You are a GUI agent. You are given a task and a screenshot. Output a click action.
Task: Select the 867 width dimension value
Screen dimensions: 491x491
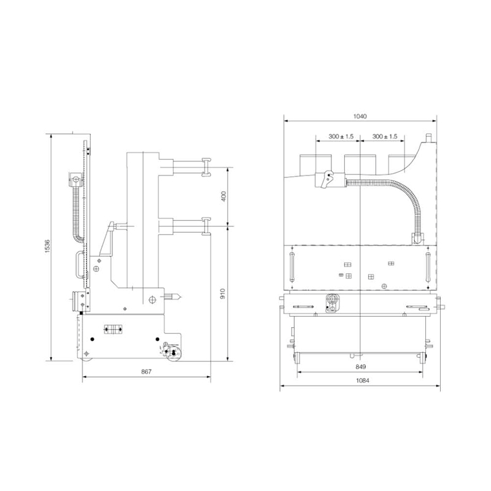tap(146, 372)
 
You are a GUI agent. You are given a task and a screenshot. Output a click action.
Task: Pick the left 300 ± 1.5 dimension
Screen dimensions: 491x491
tap(341, 136)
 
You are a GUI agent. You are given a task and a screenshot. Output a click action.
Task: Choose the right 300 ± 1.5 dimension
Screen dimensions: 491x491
tap(385, 136)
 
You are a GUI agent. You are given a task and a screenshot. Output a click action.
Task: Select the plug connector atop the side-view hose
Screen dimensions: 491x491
tap(75, 180)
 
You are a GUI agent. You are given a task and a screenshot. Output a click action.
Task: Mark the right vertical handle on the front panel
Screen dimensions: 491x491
tap(427, 268)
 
